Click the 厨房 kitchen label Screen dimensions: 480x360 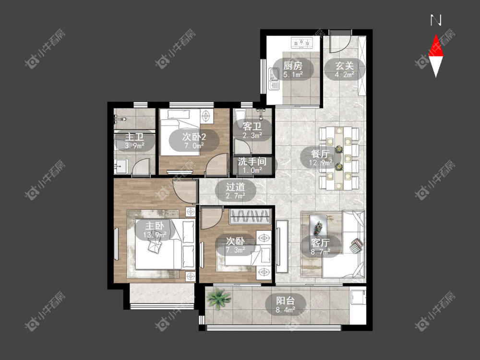[x=293, y=66]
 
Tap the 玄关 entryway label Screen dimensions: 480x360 [x=345, y=66]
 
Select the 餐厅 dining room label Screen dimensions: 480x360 [x=320, y=154]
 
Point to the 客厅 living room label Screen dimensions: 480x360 [x=320, y=243]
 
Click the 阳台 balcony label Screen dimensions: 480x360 [x=285, y=300]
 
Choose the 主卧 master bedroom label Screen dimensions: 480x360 [x=155, y=226]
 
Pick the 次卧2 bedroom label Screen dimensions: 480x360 [x=194, y=136]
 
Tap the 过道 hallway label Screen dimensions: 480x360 [x=235, y=187]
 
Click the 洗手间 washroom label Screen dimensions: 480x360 [x=252, y=161]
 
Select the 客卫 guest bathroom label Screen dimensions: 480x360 [x=252, y=126]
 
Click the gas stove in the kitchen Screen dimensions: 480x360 [x=302, y=43]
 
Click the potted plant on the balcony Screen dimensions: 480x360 [x=218, y=298]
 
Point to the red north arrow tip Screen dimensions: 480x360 [x=436, y=35]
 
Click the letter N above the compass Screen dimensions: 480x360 [x=436, y=20]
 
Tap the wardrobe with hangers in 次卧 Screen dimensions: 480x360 [x=250, y=216]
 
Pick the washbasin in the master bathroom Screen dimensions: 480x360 [x=120, y=167]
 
